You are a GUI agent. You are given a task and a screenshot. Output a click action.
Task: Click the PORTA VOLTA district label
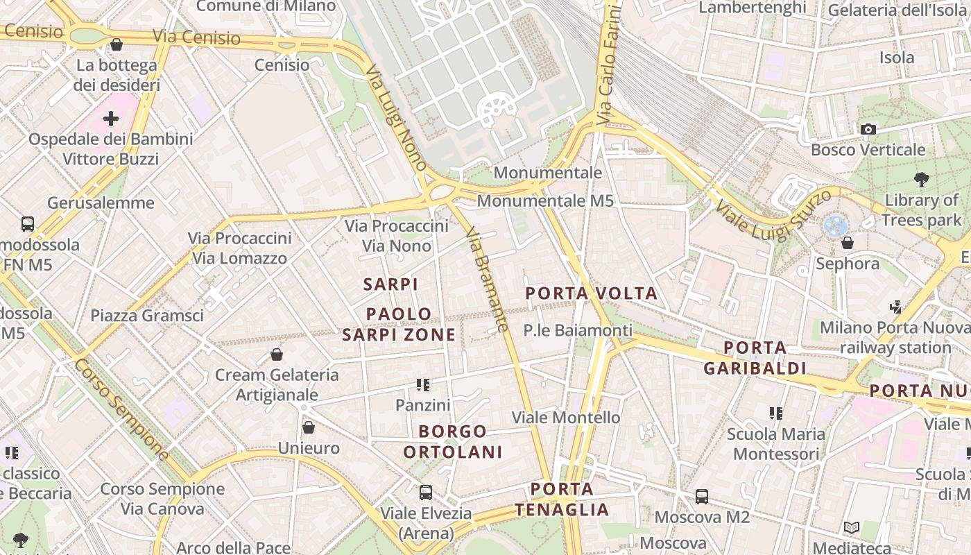591,293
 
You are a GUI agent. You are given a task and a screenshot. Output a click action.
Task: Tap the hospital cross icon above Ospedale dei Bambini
110,119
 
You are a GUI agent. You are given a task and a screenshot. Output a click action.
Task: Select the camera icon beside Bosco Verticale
868,129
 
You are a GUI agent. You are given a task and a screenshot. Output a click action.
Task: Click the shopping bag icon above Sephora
847,243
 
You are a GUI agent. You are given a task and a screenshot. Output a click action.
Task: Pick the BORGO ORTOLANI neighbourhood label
453,442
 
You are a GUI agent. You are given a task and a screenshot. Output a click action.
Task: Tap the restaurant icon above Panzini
423,384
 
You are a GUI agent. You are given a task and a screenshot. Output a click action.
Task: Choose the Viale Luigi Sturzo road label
773,215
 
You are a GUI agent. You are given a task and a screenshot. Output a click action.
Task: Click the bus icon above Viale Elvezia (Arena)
426,493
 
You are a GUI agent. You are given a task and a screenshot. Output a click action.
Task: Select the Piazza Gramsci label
147,316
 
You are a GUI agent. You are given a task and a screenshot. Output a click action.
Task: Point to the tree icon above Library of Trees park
922,180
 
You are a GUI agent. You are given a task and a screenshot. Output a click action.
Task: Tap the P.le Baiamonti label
578,330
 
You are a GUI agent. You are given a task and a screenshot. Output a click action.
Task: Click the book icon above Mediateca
852,528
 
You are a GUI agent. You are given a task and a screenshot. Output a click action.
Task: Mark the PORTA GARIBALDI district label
755,358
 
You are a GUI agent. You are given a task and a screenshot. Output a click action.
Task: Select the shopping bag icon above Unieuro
309,427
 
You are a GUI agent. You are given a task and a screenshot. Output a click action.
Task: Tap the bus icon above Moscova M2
702,497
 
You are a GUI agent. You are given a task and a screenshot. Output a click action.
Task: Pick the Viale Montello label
565,418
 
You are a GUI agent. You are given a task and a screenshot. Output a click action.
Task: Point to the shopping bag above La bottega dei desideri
117,45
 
